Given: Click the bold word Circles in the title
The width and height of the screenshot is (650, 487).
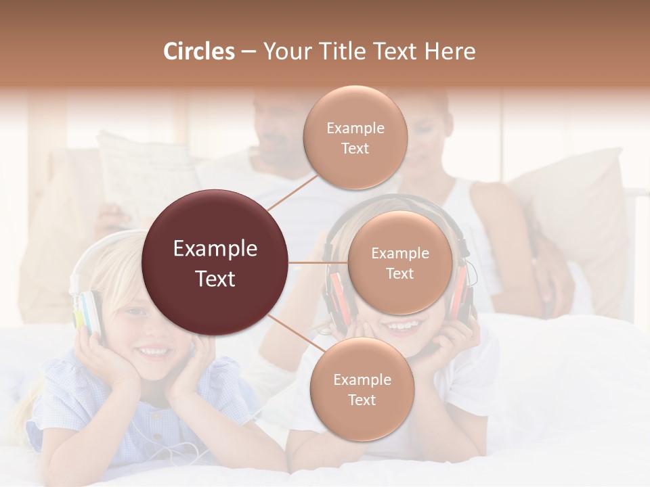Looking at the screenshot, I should [198, 51].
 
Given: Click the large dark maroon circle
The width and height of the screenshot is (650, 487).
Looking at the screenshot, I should [215, 262].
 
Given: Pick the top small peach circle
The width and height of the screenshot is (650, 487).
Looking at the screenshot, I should [355, 137].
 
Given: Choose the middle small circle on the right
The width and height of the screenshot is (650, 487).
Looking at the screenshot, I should [399, 262].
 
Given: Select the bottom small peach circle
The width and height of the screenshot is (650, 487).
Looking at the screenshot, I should [362, 389].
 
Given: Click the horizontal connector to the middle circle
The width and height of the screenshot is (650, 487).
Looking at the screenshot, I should [318, 262].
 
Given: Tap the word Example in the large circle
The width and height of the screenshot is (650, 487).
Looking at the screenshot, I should [215, 249].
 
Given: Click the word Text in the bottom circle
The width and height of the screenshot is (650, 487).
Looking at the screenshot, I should [362, 400].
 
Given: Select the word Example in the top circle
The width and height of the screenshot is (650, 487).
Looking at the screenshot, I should [355, 128].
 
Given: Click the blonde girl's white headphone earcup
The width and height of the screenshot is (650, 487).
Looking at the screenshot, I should [91, 311].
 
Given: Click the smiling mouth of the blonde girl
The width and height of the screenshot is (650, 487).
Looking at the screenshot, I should [153, 352].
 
